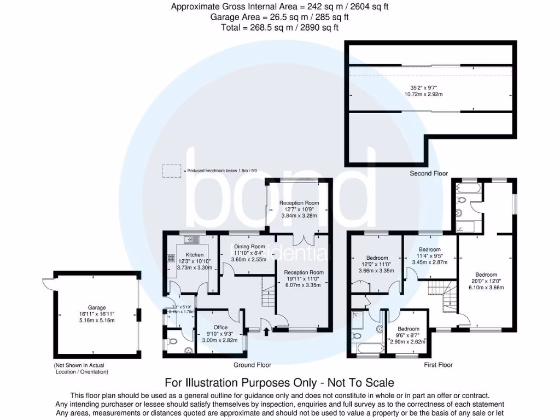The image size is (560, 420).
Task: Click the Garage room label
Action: [x=97, y=308]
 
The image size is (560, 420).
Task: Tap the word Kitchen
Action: [x=194, y=255]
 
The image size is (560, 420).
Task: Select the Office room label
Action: [x=220, y=328]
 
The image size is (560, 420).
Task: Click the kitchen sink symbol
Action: [x=192, y=239]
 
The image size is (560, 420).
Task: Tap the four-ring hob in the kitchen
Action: [x=171, y=259]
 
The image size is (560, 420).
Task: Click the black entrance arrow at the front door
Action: [x=266, y=330]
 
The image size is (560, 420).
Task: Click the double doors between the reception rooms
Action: [x=304, y=240]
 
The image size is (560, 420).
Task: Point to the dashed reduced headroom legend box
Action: [x=171, y=171]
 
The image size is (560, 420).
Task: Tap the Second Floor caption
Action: [x=429, y=173]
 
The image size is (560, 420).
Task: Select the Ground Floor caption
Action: [x=252, y=365]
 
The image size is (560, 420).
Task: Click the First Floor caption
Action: [x=439, y=365]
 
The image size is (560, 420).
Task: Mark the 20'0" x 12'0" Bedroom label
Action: [x=486, y=275]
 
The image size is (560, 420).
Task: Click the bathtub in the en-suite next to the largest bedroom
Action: [x=468, y=191]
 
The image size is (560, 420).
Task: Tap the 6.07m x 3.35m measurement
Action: [x=303, y=284]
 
